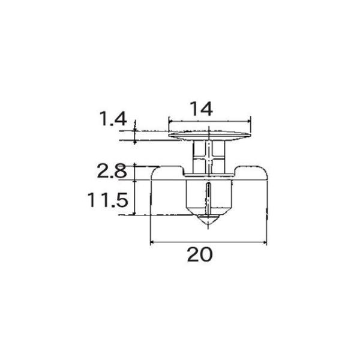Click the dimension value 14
point(202,109)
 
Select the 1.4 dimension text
point(113,118)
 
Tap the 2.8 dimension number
point(112,171)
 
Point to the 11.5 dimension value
point(107,200)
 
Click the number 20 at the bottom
point(200,254)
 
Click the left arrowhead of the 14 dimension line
point(170,121)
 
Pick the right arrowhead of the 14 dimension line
point(248,121)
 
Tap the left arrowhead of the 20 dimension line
point(152,242)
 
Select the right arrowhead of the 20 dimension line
point(265,242)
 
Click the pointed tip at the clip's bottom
point(208,226)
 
